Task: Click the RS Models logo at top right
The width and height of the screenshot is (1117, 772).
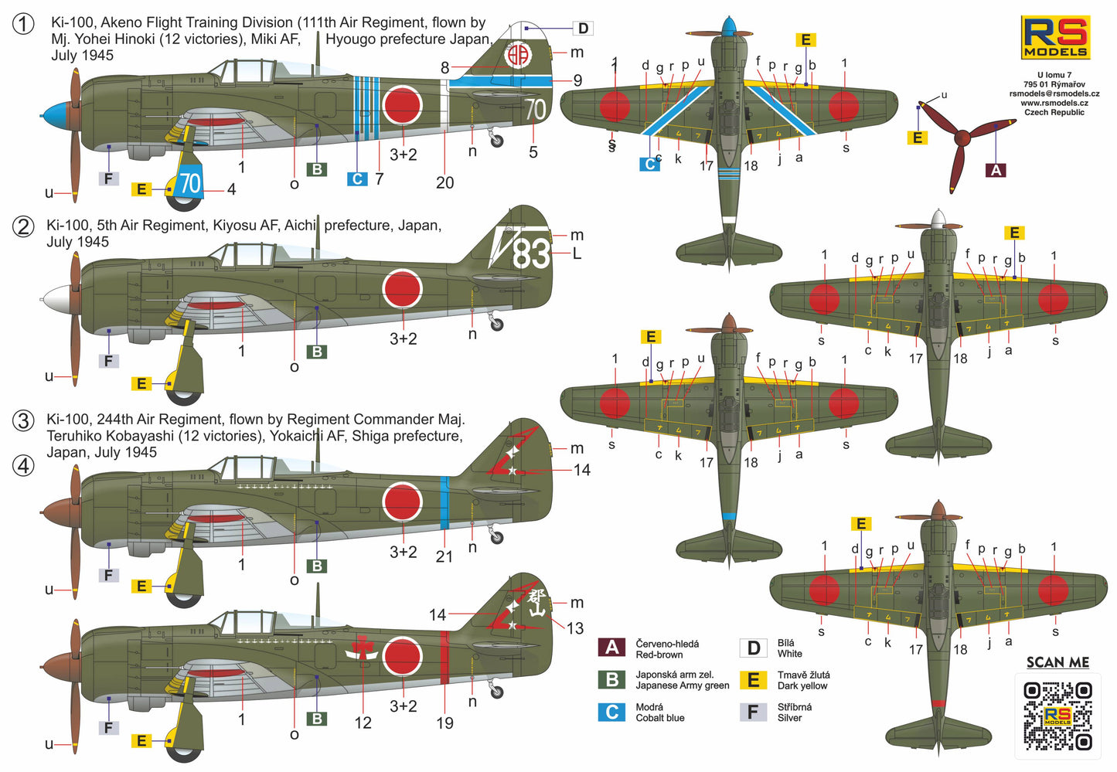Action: point(1055,36)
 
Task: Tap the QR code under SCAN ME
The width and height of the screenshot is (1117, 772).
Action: point(1057,716)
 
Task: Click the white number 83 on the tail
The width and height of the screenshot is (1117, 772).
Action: point(531,253)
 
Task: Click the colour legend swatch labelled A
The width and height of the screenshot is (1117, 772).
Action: point(612,648)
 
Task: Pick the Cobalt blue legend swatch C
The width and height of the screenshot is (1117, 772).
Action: point(612,712)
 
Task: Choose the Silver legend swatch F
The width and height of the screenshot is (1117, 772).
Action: point(753,712)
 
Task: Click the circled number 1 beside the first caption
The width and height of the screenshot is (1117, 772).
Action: point(24,24)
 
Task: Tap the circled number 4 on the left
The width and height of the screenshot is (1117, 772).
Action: point(24,466)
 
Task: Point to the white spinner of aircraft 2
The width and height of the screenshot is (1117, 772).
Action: point(56,298)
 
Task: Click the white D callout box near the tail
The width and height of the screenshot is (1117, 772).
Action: point(583,29)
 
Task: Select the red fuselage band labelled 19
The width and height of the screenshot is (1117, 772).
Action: point(444,658)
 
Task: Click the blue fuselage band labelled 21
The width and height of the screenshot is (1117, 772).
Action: point(444,502)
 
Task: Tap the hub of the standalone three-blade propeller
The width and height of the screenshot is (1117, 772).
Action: point(962,139)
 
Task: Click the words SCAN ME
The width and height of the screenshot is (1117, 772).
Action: point(1057,662)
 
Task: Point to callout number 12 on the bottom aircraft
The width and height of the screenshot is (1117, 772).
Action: point(363,723)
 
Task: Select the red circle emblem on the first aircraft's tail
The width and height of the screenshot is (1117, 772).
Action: point(517,55)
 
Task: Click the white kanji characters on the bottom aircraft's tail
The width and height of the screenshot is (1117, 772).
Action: point(536,602)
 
